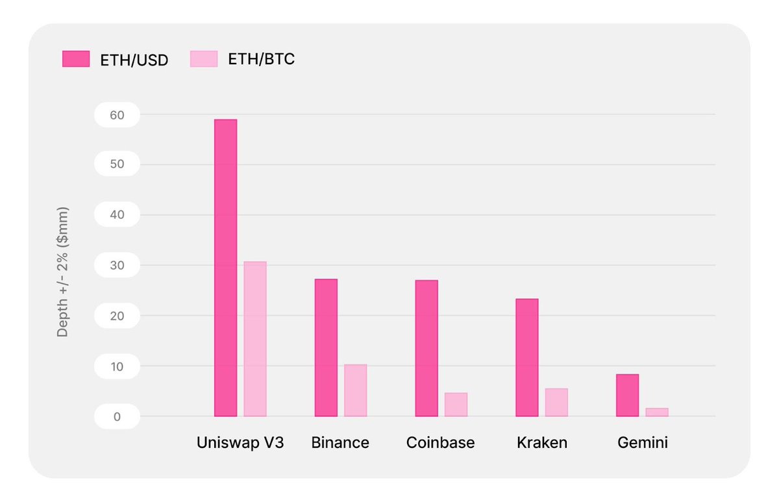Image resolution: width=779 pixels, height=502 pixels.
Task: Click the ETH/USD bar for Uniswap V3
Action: [225, 268]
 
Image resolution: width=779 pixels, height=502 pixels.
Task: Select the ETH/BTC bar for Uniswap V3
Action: [255, 338]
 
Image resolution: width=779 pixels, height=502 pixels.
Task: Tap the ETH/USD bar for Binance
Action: [326, 347]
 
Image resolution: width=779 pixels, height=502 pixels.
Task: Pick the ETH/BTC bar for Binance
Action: [356, 390]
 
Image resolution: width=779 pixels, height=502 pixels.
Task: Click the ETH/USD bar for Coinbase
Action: [427, 348]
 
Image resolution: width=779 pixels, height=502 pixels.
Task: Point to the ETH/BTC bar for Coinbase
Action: [456, 405]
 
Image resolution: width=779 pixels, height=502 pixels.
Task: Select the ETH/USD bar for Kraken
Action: [526, 357]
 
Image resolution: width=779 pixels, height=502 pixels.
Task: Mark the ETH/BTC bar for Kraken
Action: [556, 402]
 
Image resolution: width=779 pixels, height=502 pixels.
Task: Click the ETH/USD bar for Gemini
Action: [627, 395]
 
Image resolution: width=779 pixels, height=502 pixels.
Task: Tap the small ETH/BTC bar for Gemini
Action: [657, 412]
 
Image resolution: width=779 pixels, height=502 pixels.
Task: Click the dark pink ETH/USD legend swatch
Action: [75, 59]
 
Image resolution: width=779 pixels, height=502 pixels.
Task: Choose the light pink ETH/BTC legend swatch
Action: [203, 59]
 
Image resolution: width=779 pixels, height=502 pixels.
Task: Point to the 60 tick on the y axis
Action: [116, 114]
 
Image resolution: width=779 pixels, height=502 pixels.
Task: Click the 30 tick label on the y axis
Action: [116, 265]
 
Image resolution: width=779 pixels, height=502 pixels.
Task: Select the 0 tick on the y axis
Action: [117, 416]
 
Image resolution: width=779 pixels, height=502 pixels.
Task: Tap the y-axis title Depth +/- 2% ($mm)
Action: [62, 272]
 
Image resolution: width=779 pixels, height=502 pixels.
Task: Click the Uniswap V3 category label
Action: [240, 443]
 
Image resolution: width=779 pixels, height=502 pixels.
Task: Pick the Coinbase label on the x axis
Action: [440, 443]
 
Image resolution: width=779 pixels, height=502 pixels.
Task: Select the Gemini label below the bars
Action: [642, 443]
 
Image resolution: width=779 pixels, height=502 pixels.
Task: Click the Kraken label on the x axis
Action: [542, 443]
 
